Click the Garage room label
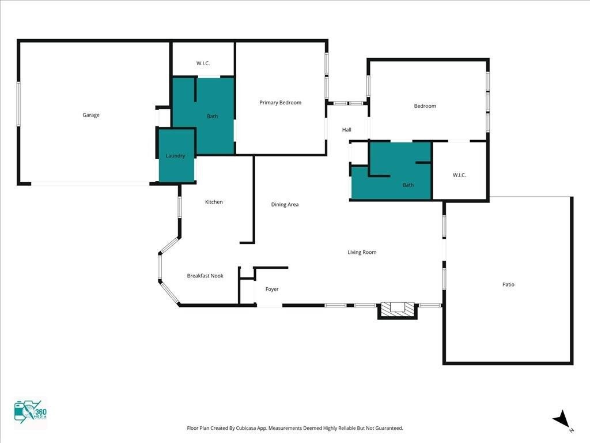(91, 115)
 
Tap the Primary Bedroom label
(281, 103)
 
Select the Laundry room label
(175, 156)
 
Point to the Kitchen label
(214, 202)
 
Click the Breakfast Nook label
(205, 276)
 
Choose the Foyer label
(272, 289)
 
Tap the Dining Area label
(285, 205)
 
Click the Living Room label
(362, 252)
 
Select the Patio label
(508, 284)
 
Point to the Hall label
(346, 130)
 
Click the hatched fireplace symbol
(398, 310)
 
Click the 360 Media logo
(30, 412)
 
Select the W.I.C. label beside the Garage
(203, 63)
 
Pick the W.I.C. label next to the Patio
(459, 175)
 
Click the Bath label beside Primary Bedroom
(212, 117)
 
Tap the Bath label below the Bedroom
(409, 185)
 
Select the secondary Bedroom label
(425, 106)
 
